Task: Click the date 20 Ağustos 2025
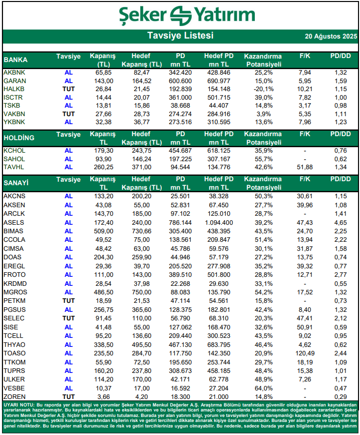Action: pos(331,37)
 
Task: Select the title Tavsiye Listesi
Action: pos(180,36)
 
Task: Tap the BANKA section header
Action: pos(16,60)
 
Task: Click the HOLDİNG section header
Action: pos(19,138)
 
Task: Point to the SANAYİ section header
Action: pos(17,183)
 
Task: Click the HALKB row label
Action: pos(14,89)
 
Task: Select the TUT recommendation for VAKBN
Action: pos(69,114)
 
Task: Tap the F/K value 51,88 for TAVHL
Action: pos(305,167)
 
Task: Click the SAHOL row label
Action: pos(14,159)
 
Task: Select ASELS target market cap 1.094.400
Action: pos(219,222)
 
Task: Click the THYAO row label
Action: pos(15,345)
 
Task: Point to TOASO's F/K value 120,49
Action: pos(305,353)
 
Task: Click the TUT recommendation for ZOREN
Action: pos(69,396)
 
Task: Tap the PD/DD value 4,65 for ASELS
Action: pos(340,222)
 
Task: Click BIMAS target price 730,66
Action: pos(142,231)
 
